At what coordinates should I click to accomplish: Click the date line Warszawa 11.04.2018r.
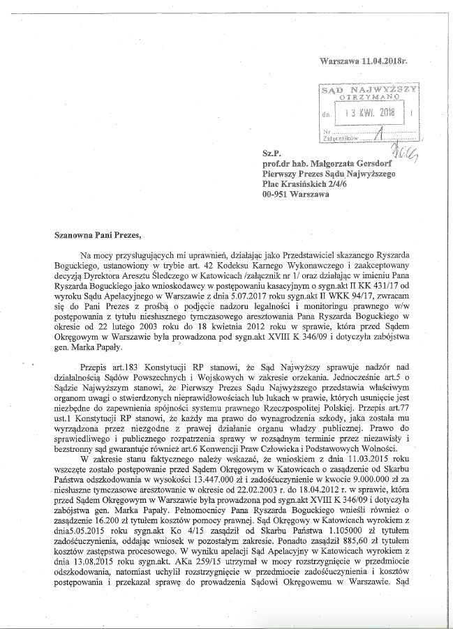pyautogui.click(x=363, y=62)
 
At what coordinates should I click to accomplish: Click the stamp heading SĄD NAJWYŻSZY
pyautogui.click(x=368, y=91)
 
